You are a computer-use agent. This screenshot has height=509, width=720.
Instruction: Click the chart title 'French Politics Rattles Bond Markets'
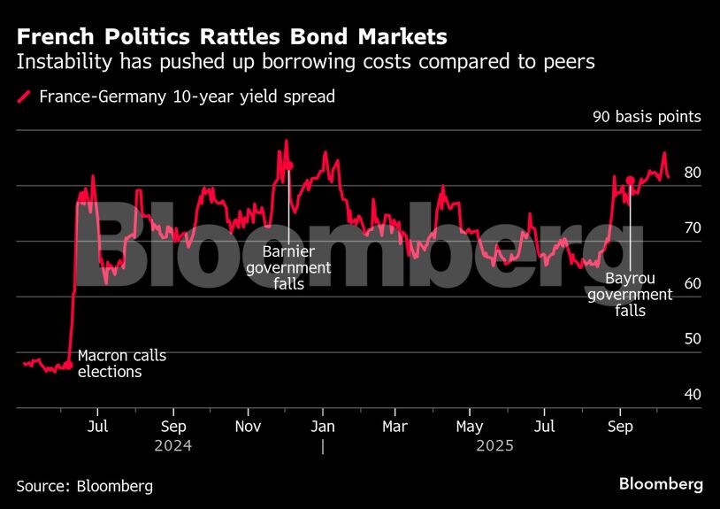231,37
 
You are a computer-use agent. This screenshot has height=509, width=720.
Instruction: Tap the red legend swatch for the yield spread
24,96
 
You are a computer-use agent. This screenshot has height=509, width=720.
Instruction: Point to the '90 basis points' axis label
646,117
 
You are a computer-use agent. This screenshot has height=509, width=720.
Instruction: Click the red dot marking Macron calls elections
68,365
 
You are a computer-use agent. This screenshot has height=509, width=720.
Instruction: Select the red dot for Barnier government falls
288,166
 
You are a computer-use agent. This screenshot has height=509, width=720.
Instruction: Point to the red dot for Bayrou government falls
630,181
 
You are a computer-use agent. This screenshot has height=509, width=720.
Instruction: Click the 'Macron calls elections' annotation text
121,364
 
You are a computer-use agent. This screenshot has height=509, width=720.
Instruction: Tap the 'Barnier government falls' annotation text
288,267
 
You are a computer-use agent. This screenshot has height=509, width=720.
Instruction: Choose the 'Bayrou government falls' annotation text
630,295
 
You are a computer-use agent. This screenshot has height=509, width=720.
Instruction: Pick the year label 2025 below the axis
494,446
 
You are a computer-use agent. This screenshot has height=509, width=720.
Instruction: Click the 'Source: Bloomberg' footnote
84,486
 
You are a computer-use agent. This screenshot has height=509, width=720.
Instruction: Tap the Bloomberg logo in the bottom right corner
661,484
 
